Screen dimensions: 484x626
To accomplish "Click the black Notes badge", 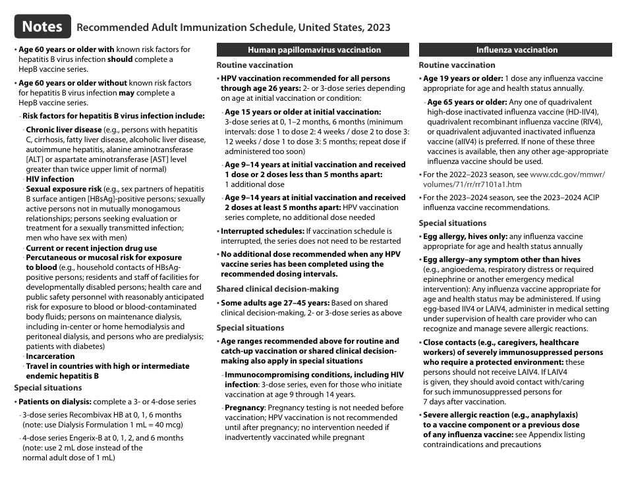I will (42, 26).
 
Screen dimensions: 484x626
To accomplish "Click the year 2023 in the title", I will (377, 28).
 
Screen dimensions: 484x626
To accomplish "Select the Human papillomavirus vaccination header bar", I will (314, 49).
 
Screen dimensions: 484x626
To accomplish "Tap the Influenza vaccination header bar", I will (517, 49).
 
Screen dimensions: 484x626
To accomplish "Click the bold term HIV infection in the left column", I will (50, 178).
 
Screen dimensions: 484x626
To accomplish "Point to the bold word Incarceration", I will (50, 356).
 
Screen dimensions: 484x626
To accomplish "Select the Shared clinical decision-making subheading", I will (277, 288).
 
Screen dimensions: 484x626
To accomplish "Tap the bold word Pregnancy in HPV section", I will (244, 408).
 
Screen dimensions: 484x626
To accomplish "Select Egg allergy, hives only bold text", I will (464, 236).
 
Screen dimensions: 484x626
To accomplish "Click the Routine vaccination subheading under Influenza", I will (457, 65).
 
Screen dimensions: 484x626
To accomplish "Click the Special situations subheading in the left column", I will (48, 388).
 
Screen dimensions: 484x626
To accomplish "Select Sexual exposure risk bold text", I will (63, 188).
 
